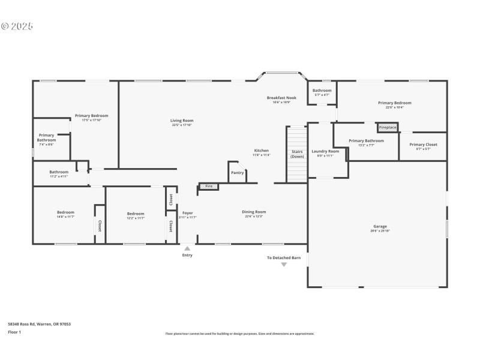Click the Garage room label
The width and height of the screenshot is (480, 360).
[x=380, y=226]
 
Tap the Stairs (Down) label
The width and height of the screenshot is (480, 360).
[x=297, y=154]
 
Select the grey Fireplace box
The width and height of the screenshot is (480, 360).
[x=388, y=127]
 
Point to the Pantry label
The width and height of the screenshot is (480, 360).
[x=237, y=173]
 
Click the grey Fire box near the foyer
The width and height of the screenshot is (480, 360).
[x=209, y=186]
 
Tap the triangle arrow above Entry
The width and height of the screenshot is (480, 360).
[x=187, y=248]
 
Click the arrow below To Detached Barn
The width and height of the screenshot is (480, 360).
[x=284, y=264]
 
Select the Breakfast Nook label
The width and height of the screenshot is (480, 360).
[x=281, y=98]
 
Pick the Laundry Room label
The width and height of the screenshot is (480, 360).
[x=325, y=151]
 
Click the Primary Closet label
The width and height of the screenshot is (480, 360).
[x=423, y=145]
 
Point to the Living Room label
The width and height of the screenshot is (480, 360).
[x=182, y=121]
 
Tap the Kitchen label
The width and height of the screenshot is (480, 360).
[x=261, y=151]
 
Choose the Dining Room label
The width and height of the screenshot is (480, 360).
[x=254, y=212]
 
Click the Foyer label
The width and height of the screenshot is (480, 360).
[x=188, y=213]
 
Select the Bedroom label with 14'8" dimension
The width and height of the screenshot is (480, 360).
[x=65, y=212]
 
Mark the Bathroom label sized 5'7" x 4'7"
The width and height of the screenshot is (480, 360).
[x=322, y=91]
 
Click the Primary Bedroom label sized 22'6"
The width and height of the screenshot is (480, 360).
[x=394, y=103]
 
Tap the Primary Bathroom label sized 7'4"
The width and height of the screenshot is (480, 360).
[x=46, y=138]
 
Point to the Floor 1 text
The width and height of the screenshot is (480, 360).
[x=14, y=332]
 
